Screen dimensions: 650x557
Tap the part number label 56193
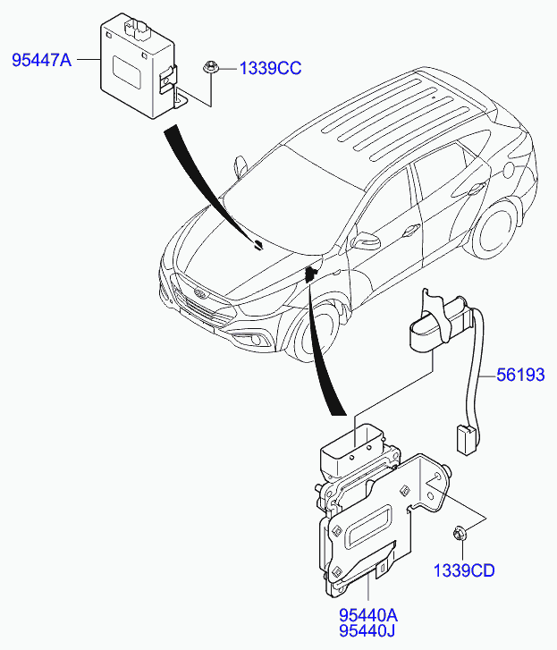(520, 376)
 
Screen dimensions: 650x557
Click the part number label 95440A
(368, 616)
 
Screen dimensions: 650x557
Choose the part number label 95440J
(368, 634)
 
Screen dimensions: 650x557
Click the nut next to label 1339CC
(211, 67)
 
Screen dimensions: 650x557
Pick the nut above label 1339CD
(460, 535)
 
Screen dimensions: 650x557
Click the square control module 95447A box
(134, 67)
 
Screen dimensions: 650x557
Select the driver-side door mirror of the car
(365, 241)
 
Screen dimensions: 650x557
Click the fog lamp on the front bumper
(258, 339)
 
